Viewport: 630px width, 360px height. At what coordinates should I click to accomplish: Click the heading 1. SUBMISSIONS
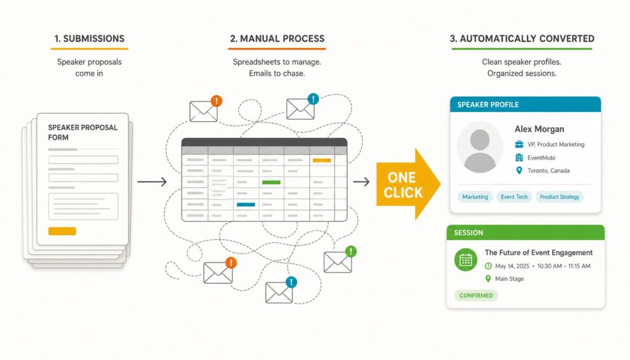(89, 39)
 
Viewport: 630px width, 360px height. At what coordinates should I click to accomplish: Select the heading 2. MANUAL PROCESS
(277, 39)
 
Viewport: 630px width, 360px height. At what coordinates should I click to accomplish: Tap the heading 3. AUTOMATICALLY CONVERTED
(522, 39)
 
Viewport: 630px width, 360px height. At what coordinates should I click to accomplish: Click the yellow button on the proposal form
(62, 231)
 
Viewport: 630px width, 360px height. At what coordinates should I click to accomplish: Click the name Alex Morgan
(539, 129)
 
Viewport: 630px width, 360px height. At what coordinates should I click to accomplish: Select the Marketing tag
(475, 197)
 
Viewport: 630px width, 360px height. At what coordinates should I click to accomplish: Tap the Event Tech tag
(514, 197)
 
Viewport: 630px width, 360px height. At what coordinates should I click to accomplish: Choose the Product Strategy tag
(559, 197)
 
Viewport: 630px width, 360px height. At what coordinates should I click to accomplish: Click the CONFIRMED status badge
(476, 295)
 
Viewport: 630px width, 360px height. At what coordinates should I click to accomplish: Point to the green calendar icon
(466, 260)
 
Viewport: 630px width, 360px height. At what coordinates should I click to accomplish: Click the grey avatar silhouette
(480, 148)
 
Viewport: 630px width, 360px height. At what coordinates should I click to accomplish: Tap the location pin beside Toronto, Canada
(519, 170)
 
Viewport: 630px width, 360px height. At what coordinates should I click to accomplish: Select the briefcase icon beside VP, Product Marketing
(519, 144)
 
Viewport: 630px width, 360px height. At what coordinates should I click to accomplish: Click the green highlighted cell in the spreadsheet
(271, 182)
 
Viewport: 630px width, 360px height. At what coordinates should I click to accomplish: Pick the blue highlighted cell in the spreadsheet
(246, 204)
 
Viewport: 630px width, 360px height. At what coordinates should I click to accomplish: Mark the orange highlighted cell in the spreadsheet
(322, 161)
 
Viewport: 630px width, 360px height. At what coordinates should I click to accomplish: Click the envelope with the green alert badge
(340, 260)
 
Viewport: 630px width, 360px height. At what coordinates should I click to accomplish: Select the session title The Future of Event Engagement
(538, 253)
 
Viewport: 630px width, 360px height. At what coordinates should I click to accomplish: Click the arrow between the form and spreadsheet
(152, 182)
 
